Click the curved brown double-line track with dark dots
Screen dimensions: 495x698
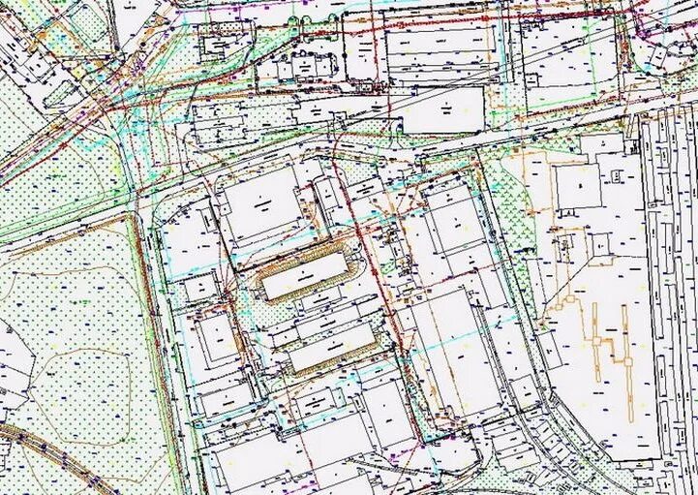[x=58, y=455]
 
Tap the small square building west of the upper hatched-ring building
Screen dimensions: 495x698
[x=201, y=286]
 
